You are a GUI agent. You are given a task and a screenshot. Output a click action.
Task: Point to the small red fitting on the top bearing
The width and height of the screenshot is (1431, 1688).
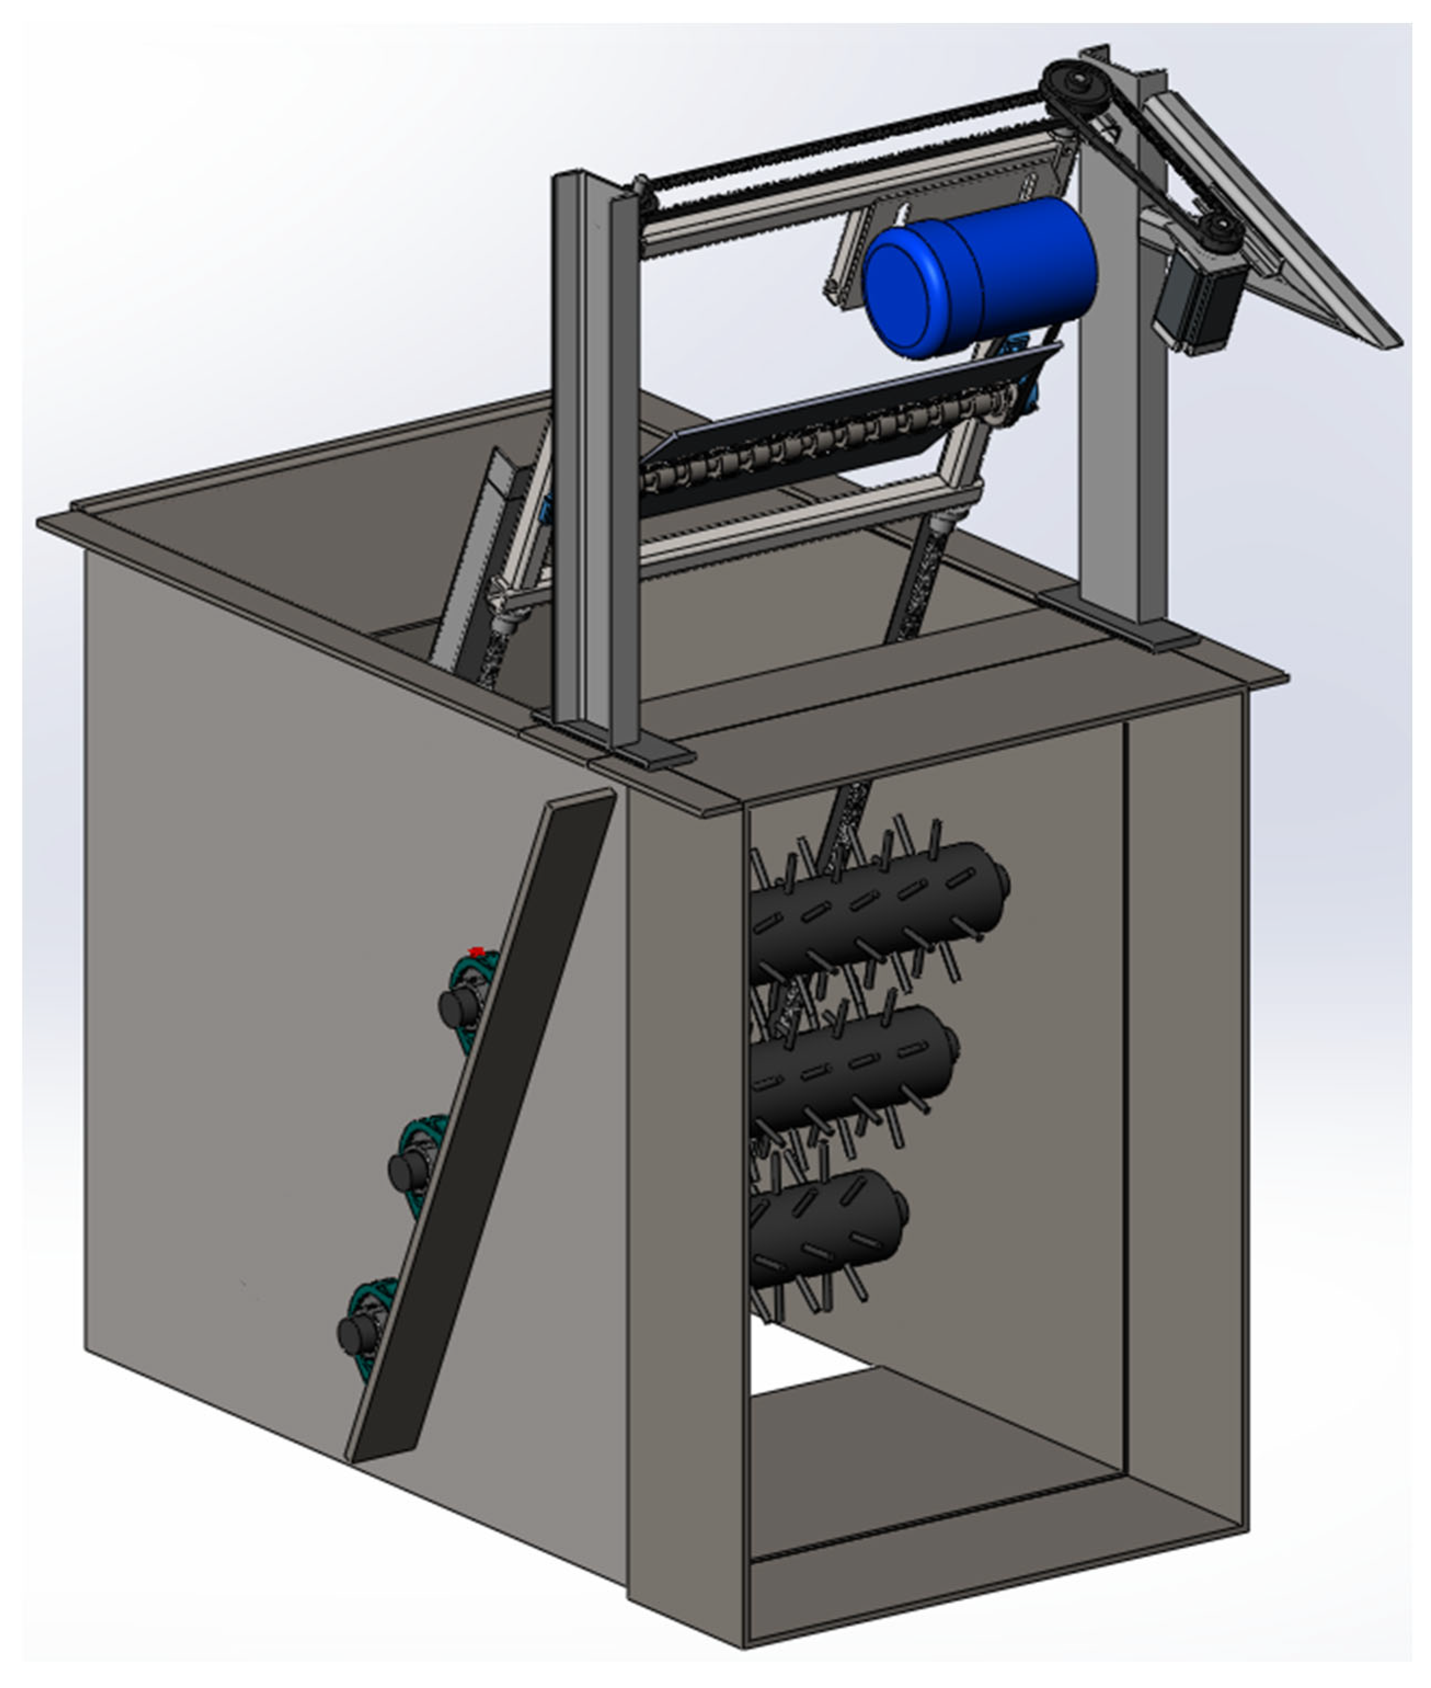(x=476, y=951)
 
